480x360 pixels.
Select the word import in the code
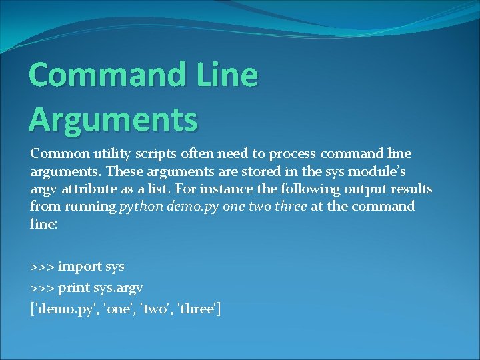(x=80, y=267)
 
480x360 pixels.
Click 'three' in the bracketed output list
(x=197, y=309)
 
